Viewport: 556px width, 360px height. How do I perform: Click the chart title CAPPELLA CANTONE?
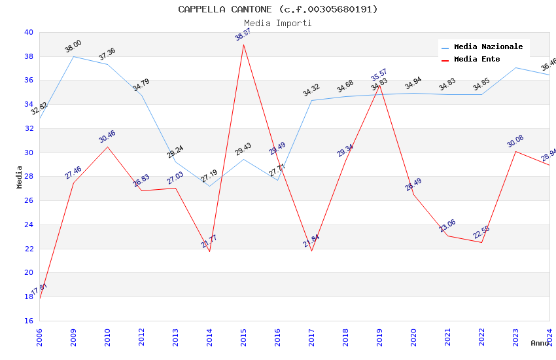click(x=278, y=9)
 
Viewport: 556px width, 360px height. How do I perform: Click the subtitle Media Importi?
click(x=278, y=23)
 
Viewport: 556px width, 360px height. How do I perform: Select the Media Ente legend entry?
click(x=477, y=60)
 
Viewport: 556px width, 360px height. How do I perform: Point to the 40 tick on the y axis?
click(x=28, y=32)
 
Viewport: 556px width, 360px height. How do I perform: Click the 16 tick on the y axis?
click(x=28, y=321)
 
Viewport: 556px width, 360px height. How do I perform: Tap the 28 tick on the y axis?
click(x=28, y=177)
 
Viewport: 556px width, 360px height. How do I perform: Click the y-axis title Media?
click(x=20, y=177)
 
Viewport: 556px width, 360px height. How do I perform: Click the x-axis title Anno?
click(x=540, y=343)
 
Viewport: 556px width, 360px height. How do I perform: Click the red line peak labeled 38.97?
click(x=243, y=45)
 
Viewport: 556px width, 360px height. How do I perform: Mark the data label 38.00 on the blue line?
click(x=73, y=46)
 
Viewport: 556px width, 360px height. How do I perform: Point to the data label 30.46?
click(x=107, y=137)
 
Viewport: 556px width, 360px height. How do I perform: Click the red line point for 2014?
click(x=210, y=251)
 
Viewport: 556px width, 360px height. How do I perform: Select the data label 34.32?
click(x=311, y=90)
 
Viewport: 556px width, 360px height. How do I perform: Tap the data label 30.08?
click(x=515, y=141)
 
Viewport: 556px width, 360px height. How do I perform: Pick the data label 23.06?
click(x=447, y=226)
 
